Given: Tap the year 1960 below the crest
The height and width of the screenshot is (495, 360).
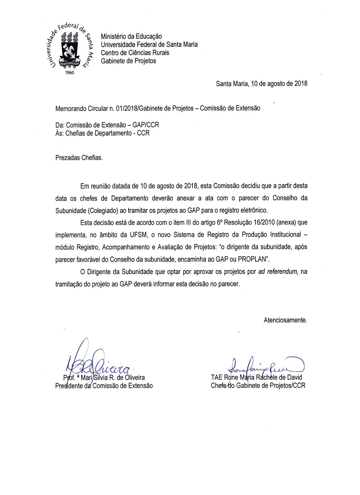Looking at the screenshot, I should coord(70,73).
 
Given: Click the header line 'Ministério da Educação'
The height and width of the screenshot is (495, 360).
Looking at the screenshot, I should coord(131,36).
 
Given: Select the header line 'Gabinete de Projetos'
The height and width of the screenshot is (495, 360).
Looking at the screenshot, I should coord(128,61).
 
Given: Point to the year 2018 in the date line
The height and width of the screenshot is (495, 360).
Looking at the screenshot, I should coord(301,84).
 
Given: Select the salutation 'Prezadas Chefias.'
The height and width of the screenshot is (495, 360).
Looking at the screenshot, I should coord(79,158).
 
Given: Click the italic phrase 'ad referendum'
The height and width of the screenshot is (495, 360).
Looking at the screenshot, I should coord(278,272).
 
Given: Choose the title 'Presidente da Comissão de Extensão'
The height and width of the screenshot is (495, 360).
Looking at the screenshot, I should coord(104,386).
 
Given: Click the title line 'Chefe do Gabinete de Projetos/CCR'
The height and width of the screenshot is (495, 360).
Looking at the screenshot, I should coord(258,386).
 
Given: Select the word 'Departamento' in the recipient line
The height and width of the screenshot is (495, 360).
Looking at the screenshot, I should coord(113,133).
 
